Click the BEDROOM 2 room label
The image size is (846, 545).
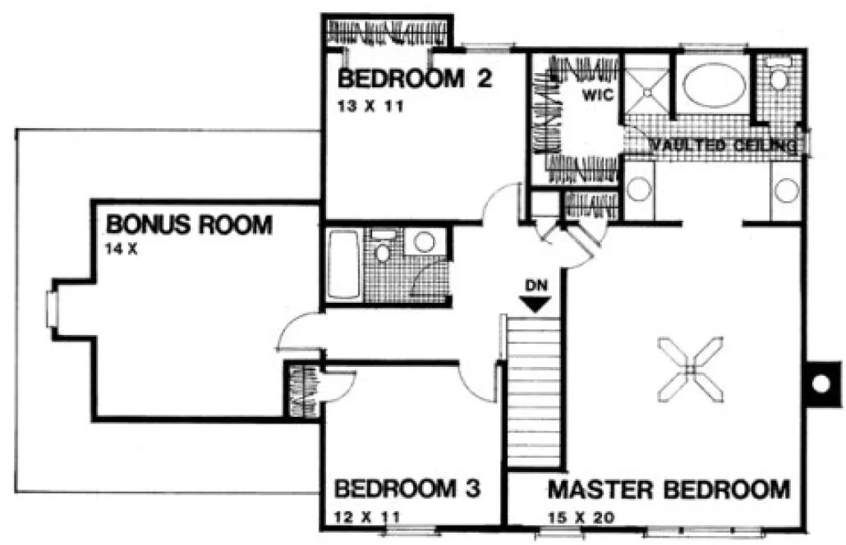coord(415,80)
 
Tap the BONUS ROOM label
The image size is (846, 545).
coord(188,223)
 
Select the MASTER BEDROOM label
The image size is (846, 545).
coord(669,490)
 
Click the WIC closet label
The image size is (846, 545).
coord(598,94)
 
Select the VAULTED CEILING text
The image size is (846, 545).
coord(723,146)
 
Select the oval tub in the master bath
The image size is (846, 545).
coord(711,86)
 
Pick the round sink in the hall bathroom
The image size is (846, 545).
coord(424,241)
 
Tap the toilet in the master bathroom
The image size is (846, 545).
coord(778,77)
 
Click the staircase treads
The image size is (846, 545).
coord(534,394)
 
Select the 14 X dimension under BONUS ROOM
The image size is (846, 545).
coord(121,248)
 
